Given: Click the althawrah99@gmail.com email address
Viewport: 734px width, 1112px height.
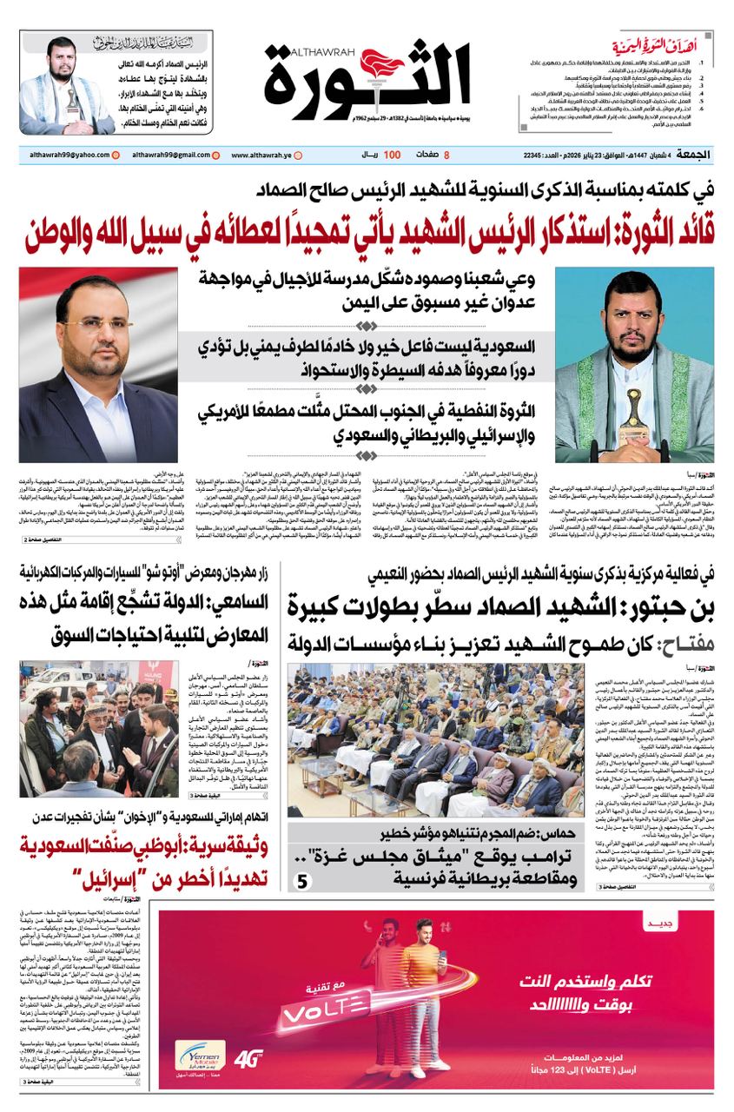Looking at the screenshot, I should [x=166, y=154].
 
